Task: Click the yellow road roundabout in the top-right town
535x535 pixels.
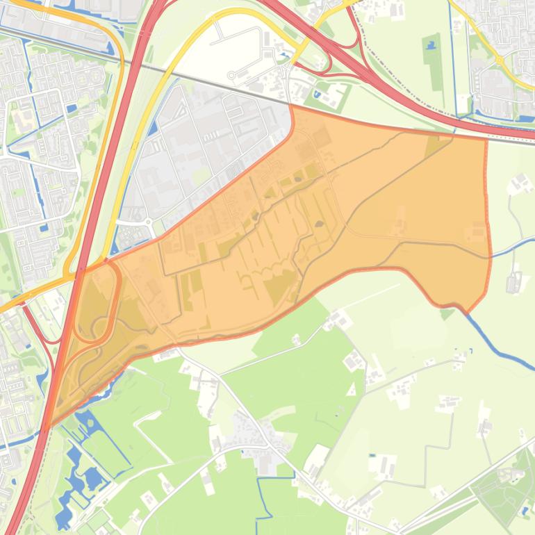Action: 499,61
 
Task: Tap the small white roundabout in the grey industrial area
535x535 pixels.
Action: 148,223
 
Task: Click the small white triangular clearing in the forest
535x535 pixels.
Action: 352,390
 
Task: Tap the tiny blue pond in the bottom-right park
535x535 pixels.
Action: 526,511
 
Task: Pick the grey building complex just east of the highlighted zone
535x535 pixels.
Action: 514,283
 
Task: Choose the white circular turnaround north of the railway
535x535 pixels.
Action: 231,76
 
